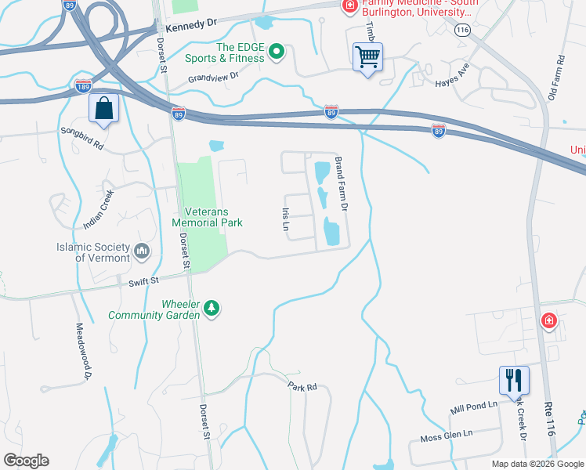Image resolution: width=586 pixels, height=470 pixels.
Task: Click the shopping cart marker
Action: point(367,57)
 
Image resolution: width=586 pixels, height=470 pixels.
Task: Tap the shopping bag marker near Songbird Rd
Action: point(103,110)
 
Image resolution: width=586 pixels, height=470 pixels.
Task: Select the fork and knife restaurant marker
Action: point(514,381)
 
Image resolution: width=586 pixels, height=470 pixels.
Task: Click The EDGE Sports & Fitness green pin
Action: point(276,52)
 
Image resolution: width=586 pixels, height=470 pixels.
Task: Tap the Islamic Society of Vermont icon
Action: point(142,251)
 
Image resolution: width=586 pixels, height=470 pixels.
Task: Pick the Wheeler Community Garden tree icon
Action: point(211,309)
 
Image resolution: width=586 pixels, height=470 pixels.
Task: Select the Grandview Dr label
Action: point(212,79)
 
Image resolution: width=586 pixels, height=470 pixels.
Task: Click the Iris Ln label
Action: point(286,220)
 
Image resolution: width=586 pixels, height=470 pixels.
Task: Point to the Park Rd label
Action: point(302,386)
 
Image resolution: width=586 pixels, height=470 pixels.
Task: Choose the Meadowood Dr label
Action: point(81,352)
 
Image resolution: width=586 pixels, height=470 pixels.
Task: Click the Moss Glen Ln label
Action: point(447,434)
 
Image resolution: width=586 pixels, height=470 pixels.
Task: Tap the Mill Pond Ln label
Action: point(474,407)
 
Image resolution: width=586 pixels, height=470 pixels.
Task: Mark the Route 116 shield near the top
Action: point(462,29)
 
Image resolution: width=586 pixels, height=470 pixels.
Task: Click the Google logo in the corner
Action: point(26,461)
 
